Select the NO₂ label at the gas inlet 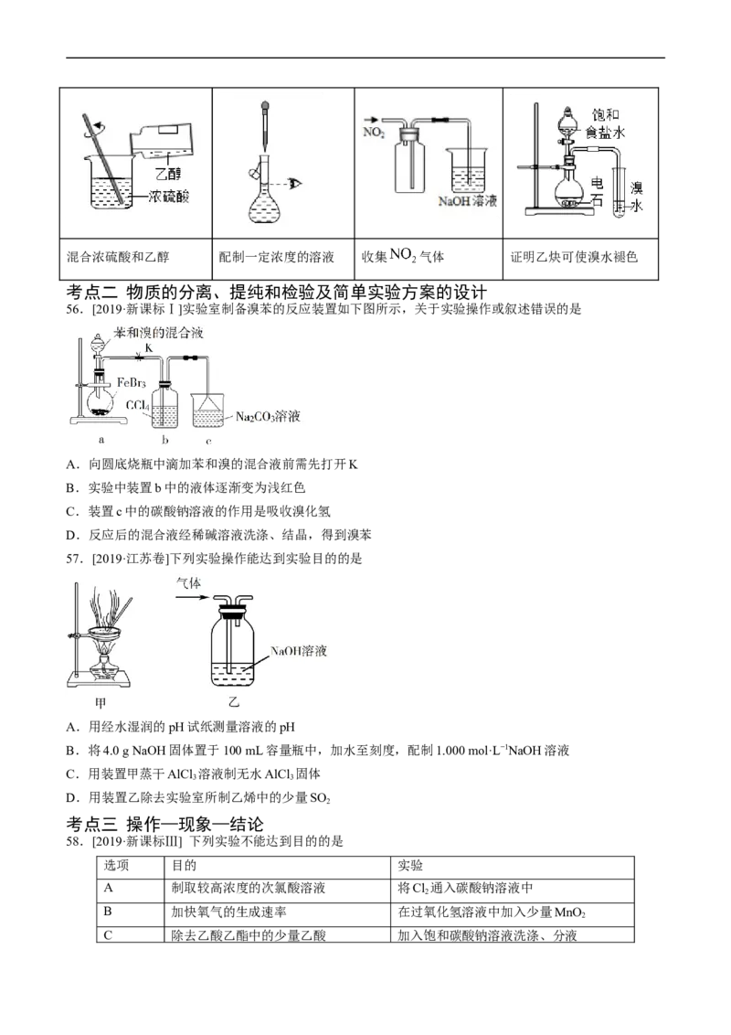pyautogui.click(x=374, y=133)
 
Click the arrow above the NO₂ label pyautogui.click(x=371, y=119)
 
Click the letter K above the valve pyautogui.click(x=148, y=348)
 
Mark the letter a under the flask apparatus pyautogui.click(x=101, y=439)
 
